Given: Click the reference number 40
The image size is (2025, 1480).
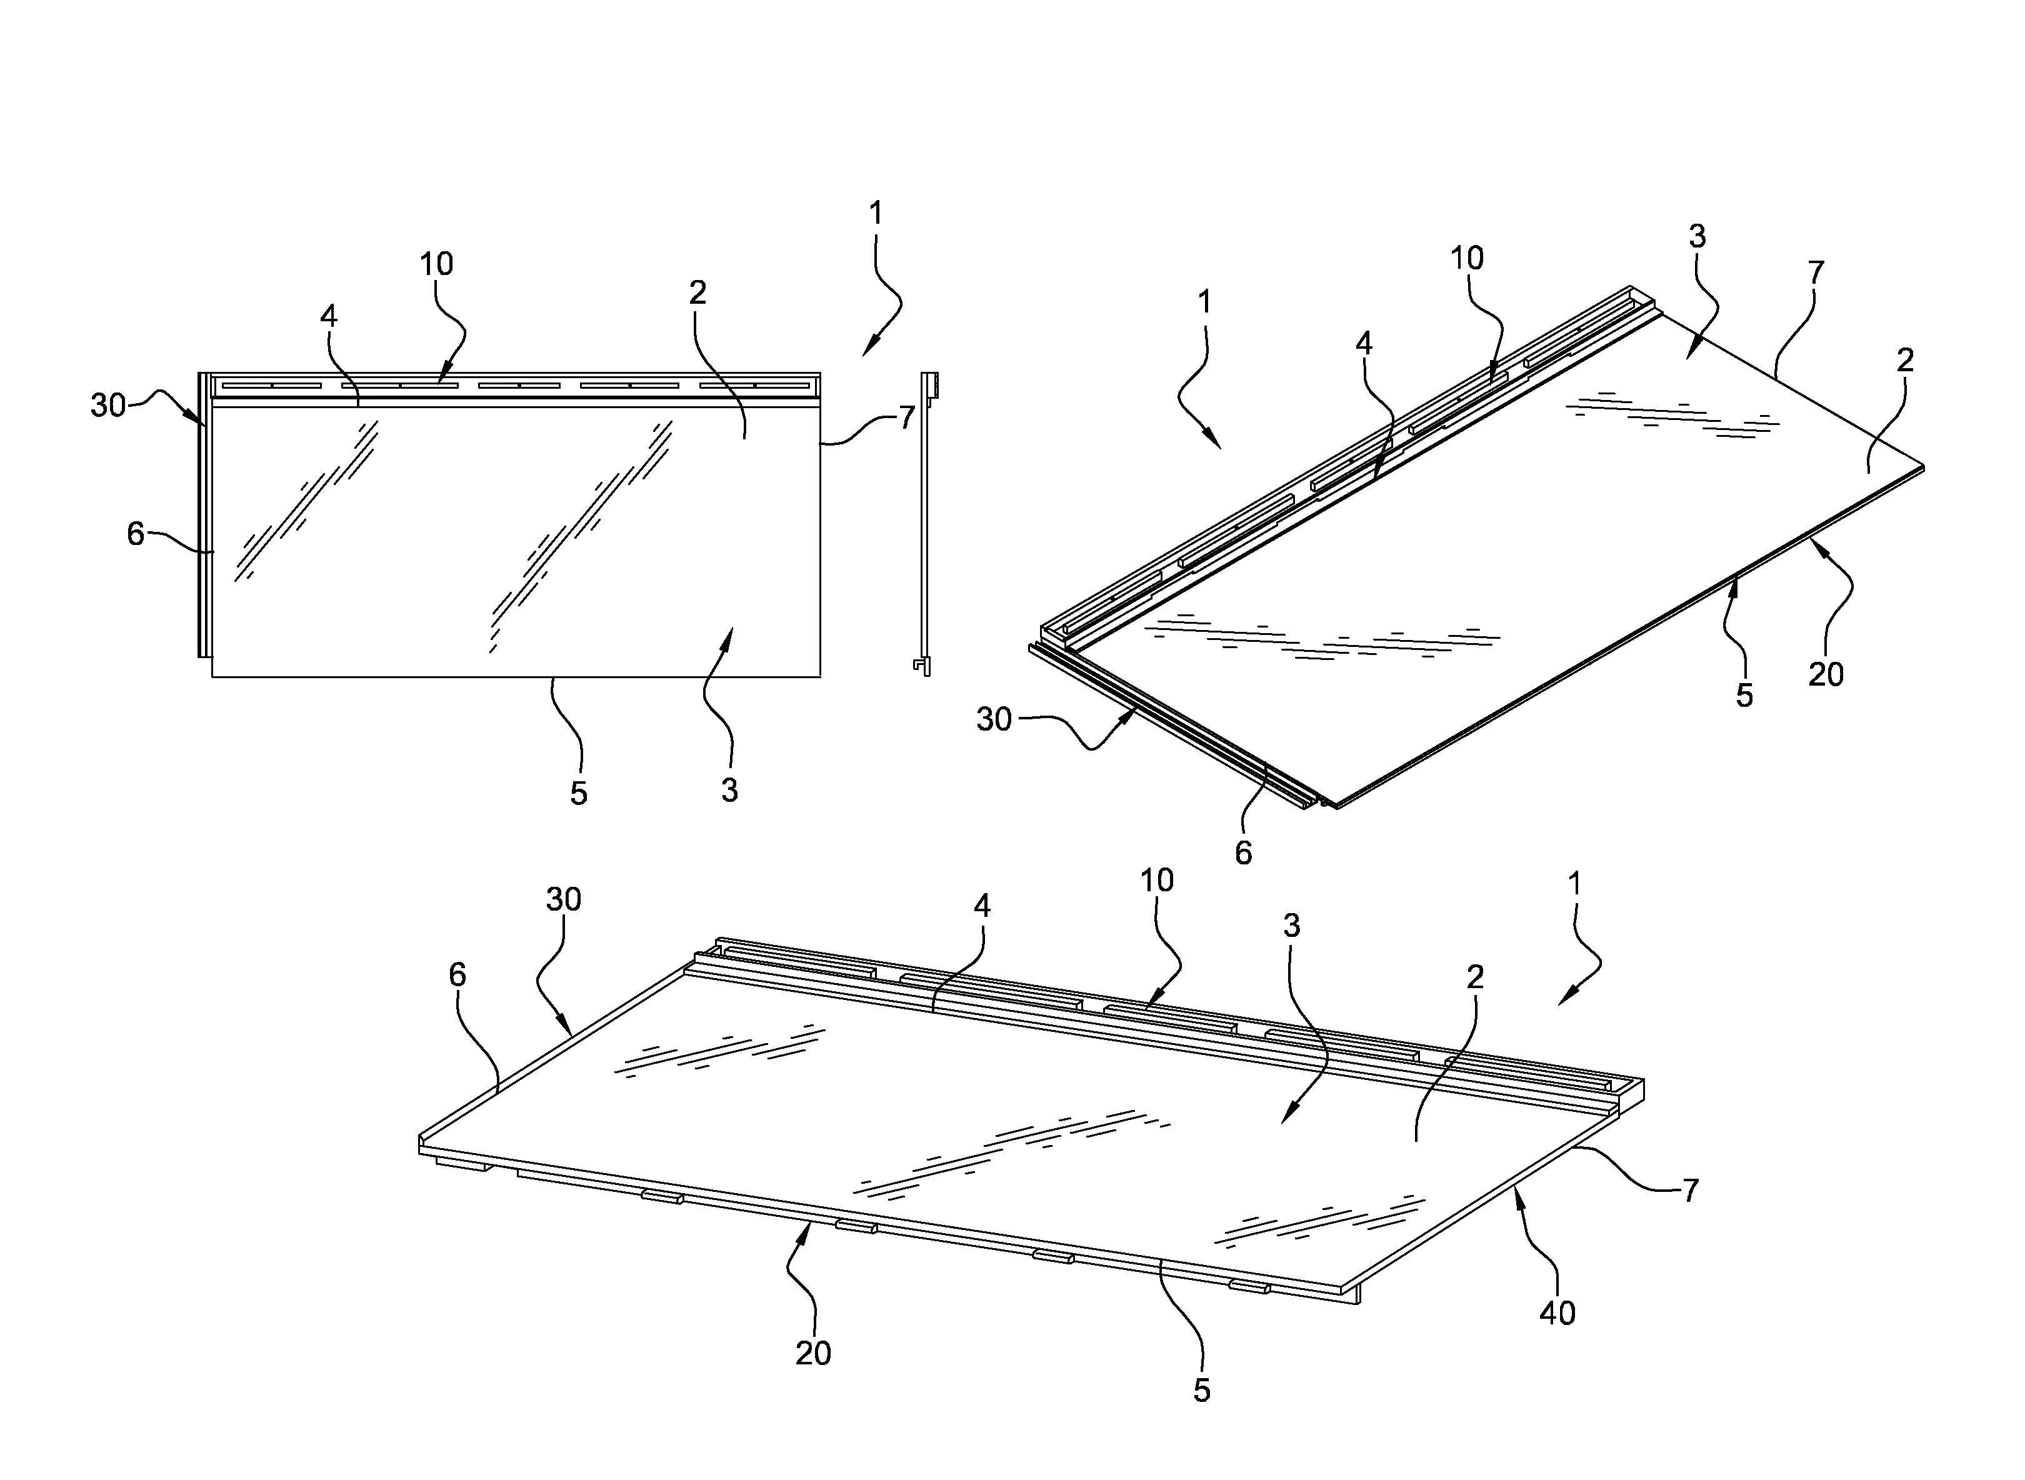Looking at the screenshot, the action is point(1557,1313).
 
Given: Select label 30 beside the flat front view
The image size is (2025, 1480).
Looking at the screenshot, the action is point(107,406).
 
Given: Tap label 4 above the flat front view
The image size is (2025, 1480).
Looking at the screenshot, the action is point(329,316).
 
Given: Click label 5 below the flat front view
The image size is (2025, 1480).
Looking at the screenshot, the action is point(579,793).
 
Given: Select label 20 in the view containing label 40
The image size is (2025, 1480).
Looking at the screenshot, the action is point(813,1352).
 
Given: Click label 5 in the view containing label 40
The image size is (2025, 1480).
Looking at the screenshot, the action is point(1202,1391).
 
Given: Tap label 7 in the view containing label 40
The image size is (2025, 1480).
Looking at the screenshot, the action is point(1690,1191).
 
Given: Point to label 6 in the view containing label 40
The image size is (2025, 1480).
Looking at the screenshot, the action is point(457,975).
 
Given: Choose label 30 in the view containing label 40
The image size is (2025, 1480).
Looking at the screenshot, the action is point(563,899).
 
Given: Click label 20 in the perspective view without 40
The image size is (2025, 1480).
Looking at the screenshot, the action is point(1825,674).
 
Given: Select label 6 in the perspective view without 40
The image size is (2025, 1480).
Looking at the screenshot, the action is point(1243,853).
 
